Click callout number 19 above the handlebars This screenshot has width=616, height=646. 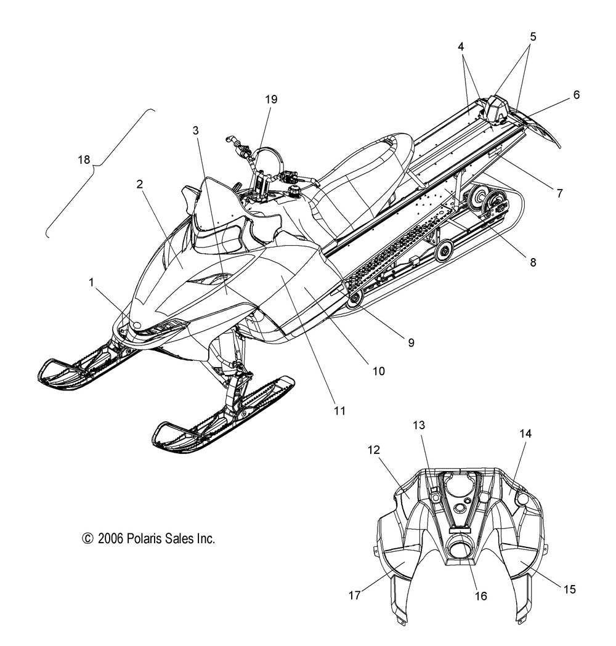click(x=271, y=99)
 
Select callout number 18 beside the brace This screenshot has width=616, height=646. click(x=84, y=159)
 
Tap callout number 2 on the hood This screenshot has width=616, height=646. click(x=140, y=184)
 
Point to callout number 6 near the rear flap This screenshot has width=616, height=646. click(x=576, y=95)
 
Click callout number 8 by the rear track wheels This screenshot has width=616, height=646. click(x=533, y=262)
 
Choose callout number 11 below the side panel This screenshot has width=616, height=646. click(x=339, y=410)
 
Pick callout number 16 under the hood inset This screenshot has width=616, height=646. click(x=481, y=596)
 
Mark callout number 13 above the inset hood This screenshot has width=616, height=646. click(x=419, y=425)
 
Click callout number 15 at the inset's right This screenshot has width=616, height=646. click(x=569, y=589)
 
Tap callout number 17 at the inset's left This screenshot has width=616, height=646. click(x=354, y=595)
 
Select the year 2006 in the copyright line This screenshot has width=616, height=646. click(x=110, y=538)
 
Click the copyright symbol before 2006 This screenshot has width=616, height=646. click(x=87, y=538)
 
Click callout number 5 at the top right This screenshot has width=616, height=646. click(x=533, y=36)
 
